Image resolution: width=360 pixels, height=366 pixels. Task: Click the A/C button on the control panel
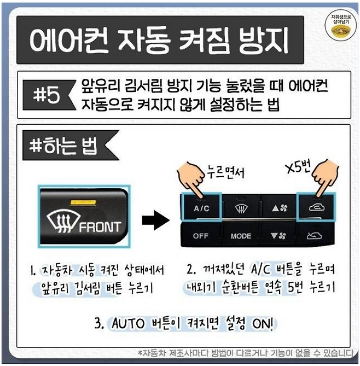201,207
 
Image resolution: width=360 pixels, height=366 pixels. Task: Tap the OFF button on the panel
201,236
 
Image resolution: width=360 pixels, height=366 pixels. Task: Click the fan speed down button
278,236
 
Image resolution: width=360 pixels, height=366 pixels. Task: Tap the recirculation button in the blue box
316,207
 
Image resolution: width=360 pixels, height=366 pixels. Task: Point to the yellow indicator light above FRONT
83,202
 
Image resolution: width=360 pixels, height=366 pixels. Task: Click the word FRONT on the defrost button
100,227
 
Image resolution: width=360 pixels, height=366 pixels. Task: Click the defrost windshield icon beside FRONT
63,222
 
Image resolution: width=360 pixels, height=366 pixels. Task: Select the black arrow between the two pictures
156,220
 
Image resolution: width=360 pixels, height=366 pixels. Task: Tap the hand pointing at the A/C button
191,178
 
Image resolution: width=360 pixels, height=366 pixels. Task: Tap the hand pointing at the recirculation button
325,177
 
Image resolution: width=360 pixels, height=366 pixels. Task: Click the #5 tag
49,95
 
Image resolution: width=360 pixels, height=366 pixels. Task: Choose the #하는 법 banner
70,146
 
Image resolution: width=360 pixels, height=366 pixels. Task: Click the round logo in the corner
341,26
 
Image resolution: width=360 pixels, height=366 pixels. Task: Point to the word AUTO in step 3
128,323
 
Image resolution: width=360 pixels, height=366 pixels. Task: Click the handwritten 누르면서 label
226,172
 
